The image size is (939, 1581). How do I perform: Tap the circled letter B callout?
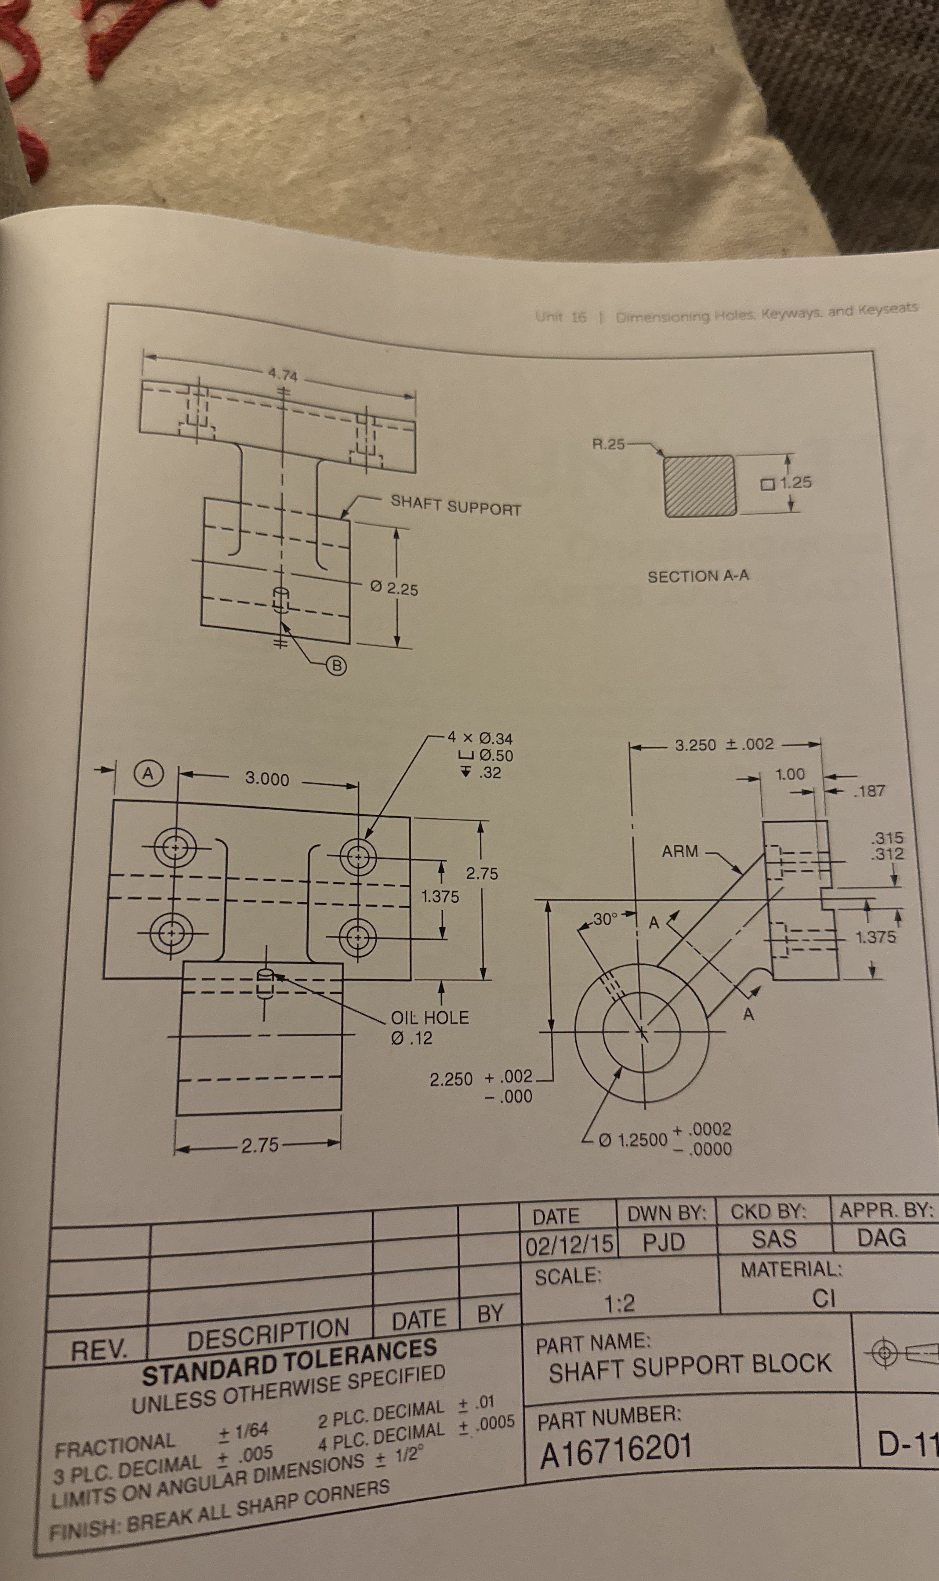click(337, 666)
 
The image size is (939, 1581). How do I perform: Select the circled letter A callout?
click(148, 773)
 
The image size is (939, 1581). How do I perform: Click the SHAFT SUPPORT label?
click(455, 506)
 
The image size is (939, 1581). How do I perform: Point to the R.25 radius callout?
click(607, 443)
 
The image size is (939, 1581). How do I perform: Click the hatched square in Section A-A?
click(700, 485)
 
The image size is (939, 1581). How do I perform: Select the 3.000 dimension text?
click(267, 778)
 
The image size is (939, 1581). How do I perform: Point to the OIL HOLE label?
click(430, 1018)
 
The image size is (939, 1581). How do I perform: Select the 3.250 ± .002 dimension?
click(724, 744)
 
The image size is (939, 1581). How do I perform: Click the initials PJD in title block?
click(664, 1242)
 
